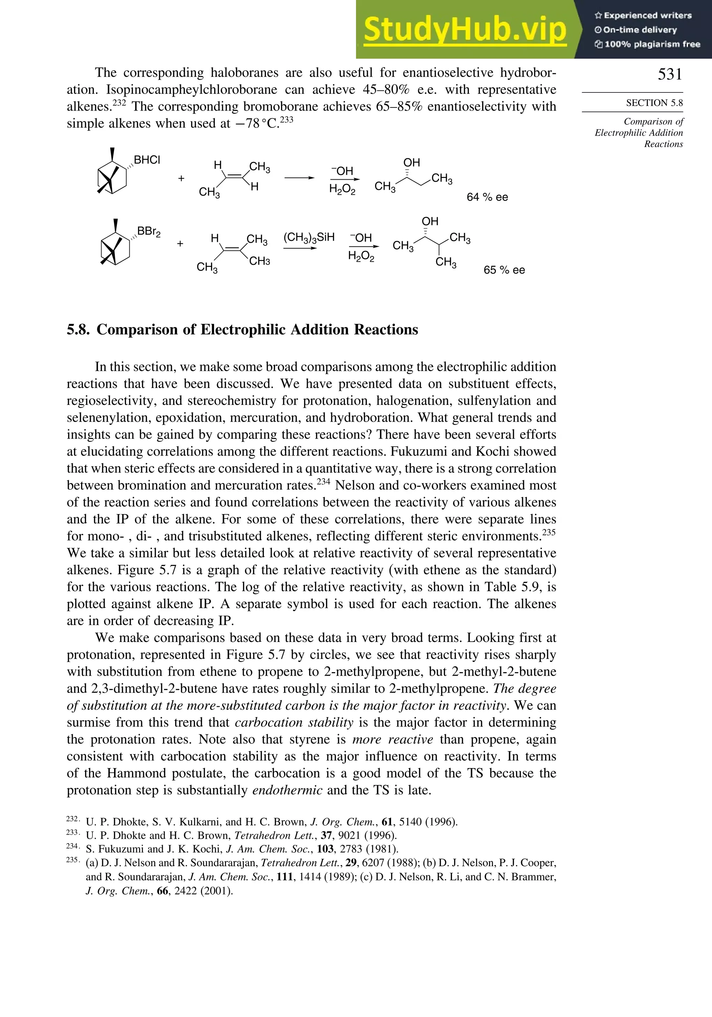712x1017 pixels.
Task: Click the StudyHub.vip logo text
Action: [x=465, y=29]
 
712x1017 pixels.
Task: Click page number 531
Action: [x=670, y=74]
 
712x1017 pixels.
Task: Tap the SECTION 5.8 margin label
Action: [x=654, y=103]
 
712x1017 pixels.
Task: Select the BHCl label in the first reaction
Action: [x=147, y=160]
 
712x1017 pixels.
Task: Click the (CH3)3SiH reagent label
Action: [x=309, y=237]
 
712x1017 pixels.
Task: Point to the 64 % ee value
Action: [x=487, y=197]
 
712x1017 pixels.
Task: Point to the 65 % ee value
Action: [x=504, y=270]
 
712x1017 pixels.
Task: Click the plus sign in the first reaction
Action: [x=181, y=179]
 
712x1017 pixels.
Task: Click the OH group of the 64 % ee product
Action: [x=411, y=163]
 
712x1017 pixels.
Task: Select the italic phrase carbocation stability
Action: [x=294, y=723]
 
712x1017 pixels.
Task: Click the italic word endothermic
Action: [x=287, y=790]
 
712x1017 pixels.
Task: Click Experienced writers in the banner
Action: [x=647, y=16]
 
